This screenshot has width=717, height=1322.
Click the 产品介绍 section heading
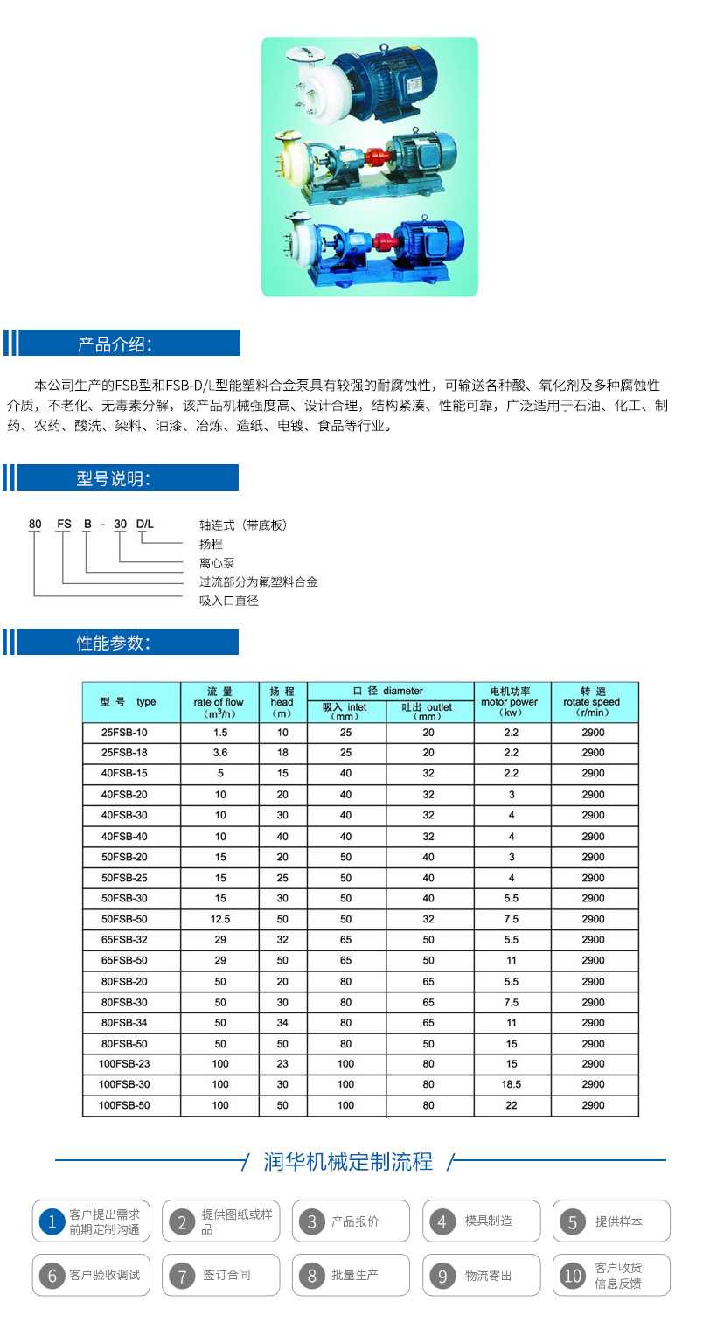point(115,344)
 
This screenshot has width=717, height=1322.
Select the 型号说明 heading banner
point(113,478)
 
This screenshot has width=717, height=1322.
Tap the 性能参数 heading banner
point(113,643)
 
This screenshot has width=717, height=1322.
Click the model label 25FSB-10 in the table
point(125,733)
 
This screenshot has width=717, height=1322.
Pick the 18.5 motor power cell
point(512,1084)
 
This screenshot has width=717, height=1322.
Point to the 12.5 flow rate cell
point(220,919)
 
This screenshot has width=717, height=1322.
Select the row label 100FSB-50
point(124,1105)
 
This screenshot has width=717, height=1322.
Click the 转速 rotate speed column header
point(592,702)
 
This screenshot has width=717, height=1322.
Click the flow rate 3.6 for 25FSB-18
point(220,753)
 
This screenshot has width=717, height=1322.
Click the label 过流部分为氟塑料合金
point(258,581)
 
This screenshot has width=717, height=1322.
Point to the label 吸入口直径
point(229,601)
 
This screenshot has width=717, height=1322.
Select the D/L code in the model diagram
point(144,525)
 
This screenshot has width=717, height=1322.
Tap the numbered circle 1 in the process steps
point(52,1221)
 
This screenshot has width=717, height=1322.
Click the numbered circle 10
point(572,1276)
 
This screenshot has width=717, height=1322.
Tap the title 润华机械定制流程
point(348,1162)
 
